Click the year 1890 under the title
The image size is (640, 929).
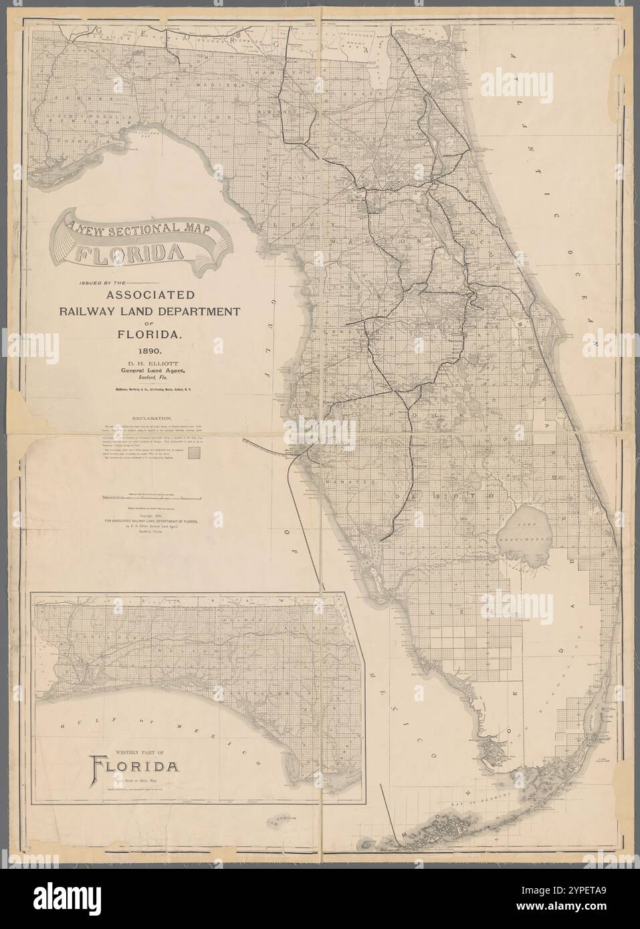(153, 349)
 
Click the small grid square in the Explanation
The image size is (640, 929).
(195, 452)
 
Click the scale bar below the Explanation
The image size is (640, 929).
(152, 498)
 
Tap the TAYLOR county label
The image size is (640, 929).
(183, 116)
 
